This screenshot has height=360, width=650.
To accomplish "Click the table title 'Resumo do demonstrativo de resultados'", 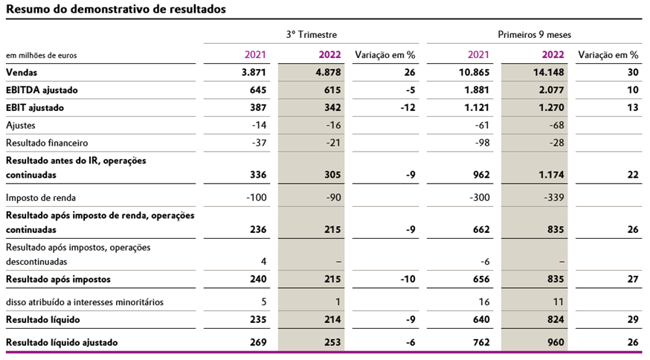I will pyautogui.click(x=115, y=10).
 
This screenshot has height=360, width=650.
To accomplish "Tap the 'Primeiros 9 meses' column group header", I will pyautogui.click(x=534, y=34).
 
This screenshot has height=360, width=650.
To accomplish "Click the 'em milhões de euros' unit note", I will pyautogui.click(x=41, y=55).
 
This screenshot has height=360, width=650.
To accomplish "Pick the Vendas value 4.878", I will pyautogui.click(x=328, y=73).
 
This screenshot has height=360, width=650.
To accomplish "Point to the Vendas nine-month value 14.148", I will pyautogui.click(x=550, y=73).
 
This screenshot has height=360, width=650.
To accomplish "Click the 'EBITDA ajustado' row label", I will pyautogui.click(x=42, y=90).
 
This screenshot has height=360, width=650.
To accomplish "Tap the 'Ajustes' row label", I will pyautogui.click(x=21, y=126).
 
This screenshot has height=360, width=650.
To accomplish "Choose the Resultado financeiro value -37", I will pyautogui.click(x=256, y=143).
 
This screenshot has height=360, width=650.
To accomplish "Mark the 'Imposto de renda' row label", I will pyautogui.click(x=41, y=198).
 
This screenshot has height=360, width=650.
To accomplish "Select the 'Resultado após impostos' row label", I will pyautogui.click(x=58, y=280).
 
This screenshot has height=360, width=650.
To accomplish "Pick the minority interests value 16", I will pyautogui.click(x=483, y=302).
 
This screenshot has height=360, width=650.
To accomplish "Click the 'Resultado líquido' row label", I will pyautogui.click(x=43, y=319).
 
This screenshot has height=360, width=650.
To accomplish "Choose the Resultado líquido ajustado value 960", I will pyautogui.click(x=555, y=342).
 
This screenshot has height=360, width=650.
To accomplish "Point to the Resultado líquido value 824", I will pyautogui.click(x=555, y=319).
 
